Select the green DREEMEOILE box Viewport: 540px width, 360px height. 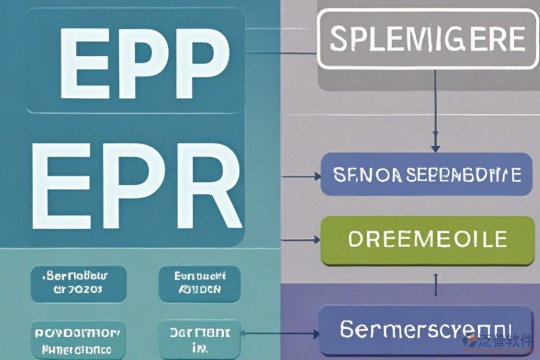pyautogui.click(x=427, y=240)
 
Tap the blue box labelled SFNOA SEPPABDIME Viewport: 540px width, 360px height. pyautogui.click(x=427, y=175)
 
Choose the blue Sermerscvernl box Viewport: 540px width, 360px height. pyautogui.click(x=425, y=330)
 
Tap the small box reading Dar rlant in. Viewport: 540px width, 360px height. pyautogui.click(x=200, y=340)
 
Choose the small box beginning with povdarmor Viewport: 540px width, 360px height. pyautogui.click(x=79, y=340)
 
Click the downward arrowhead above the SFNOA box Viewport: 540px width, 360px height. pyautogui.click(x=436, y=148)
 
